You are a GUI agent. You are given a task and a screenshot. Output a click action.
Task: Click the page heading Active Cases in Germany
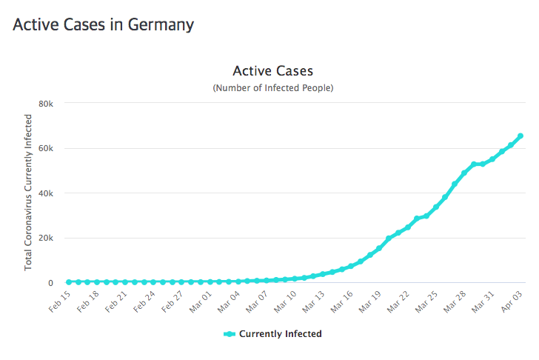[x=104, y=24]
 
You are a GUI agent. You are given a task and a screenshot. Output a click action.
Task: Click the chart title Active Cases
[x=272, y=71]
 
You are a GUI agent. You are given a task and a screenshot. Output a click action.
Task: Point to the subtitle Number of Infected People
[x=272, y=88]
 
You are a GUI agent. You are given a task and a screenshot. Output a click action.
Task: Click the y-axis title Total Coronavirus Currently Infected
[x=28, y=192]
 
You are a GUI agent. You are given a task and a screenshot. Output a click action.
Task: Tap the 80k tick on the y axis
[x=46, y=103]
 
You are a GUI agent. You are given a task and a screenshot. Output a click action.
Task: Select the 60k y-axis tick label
[x=46, y=148]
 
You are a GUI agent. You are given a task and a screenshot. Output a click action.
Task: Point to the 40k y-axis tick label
[x=46, y=193]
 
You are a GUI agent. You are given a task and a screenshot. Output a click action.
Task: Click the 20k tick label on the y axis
[x=46, y=238]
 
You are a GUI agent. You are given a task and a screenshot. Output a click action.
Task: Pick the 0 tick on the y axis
[x=50, y=283]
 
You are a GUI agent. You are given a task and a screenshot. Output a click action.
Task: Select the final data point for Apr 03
[x=520, y=136]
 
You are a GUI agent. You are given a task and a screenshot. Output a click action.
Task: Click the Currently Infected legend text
[x=280, y=334]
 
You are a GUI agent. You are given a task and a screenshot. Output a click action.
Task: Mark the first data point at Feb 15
[x=69, y=282]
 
